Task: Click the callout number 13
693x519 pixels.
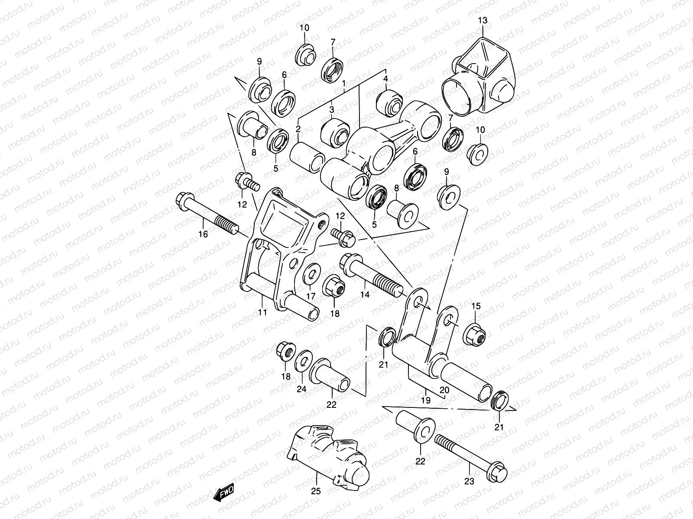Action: point(483,20)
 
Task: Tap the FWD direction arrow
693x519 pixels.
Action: point(223,493)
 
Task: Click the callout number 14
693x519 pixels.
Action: point(365,295)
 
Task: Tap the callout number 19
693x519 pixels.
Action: point(425,400)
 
